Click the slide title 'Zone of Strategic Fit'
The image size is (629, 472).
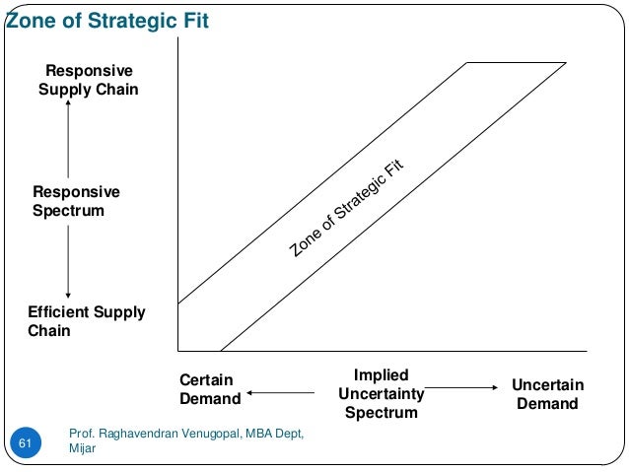[x=107, y=21]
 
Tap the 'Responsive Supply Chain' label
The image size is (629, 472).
[x=89, y=81]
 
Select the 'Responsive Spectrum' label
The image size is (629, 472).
[x=76, y=201]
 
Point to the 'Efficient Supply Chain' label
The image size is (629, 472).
[x=86, y=321]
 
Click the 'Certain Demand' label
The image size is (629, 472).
[x=210, y=390]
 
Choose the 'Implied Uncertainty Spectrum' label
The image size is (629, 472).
[x=381, y=393]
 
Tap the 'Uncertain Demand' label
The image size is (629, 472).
[x=548, y=394]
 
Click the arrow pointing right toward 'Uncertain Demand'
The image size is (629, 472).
[x=462, y=388]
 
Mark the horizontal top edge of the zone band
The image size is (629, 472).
[x=516, y=63]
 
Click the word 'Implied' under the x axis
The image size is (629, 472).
[x=381, y=374]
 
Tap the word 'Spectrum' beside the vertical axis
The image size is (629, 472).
[x=68, y=211]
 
